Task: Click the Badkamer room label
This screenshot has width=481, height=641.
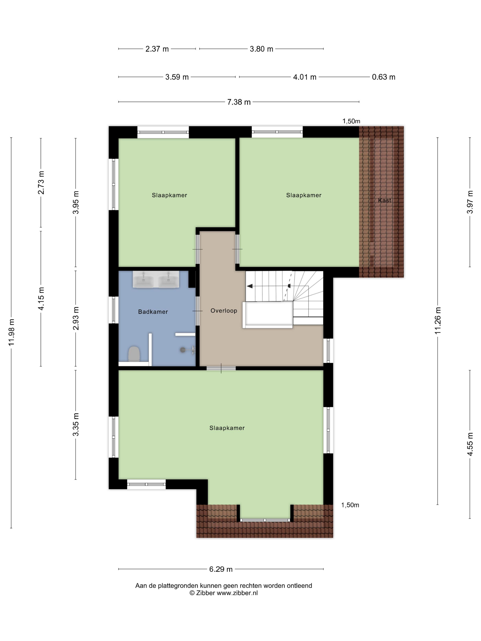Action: pyautogui.click(x=153, y=312)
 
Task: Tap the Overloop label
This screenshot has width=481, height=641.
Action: pyautogui.click(x=224, y=311)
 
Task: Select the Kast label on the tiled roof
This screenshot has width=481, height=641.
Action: pyautogui.click(x=384, y=200)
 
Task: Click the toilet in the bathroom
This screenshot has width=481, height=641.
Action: pyautogui.click(x=134, y=353)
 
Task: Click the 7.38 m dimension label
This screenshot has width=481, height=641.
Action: pyautogui.click(x=239, y=102)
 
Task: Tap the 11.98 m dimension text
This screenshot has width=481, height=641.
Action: pyautogui.click(x=11, y=332)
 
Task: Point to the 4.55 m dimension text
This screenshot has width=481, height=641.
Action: pyautogui.click(x=470, y=444)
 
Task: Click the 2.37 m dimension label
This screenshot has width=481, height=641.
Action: pyautogui.click(x=157, y=49)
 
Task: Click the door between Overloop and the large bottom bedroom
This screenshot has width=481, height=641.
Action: pyautogui.click(x=221, y=368)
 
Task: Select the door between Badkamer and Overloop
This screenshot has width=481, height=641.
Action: pyautogui.click(x=197, y=311)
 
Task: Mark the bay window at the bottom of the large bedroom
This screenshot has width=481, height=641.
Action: pyautogui.click(x=265, y=520)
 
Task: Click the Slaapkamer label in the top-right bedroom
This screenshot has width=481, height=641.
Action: pyautogui.click(x=303, y=195)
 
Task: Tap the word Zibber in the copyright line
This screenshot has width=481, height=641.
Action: pyautogui.click(x=205, y=593)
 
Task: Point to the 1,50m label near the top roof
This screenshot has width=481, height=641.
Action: pyautogui.click(x=351, y=121)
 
